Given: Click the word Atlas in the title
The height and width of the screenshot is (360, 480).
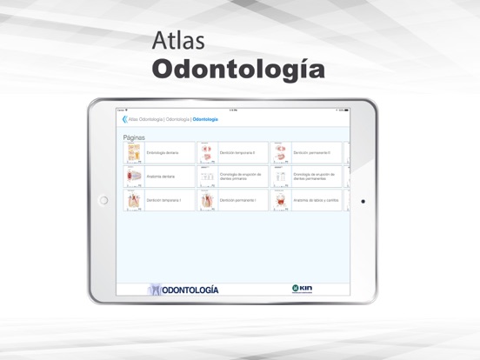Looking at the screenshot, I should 177,41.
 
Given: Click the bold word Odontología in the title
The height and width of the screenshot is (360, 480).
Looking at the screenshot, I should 238,69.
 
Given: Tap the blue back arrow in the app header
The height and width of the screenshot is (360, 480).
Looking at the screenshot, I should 124,119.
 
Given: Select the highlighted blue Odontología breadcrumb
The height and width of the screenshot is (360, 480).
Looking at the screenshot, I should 205,119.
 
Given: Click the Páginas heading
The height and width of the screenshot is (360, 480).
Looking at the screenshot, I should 134,137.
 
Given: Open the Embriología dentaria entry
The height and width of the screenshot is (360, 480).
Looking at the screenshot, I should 163,152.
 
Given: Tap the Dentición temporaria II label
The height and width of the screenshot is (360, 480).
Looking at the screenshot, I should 237,152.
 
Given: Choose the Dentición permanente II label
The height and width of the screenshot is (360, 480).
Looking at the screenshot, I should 313,152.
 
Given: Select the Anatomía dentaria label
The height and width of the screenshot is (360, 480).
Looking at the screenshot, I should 161,176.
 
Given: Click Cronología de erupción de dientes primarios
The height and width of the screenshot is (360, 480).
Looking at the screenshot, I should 240,176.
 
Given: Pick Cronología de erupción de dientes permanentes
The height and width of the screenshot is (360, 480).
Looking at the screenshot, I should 314,176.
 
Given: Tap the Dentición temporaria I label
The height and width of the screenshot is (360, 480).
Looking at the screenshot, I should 163,200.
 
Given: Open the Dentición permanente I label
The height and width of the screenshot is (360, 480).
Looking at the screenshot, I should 237,200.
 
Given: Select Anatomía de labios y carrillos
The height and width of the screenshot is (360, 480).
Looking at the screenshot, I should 316,200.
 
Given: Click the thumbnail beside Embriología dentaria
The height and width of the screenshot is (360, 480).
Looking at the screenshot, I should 134,152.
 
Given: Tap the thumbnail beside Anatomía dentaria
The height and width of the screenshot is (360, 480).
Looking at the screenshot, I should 134,176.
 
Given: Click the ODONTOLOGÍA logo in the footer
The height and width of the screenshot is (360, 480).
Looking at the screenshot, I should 183,290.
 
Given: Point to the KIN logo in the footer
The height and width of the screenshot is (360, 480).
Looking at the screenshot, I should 302,289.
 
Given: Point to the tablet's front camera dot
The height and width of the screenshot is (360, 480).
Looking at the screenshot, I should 363,201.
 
